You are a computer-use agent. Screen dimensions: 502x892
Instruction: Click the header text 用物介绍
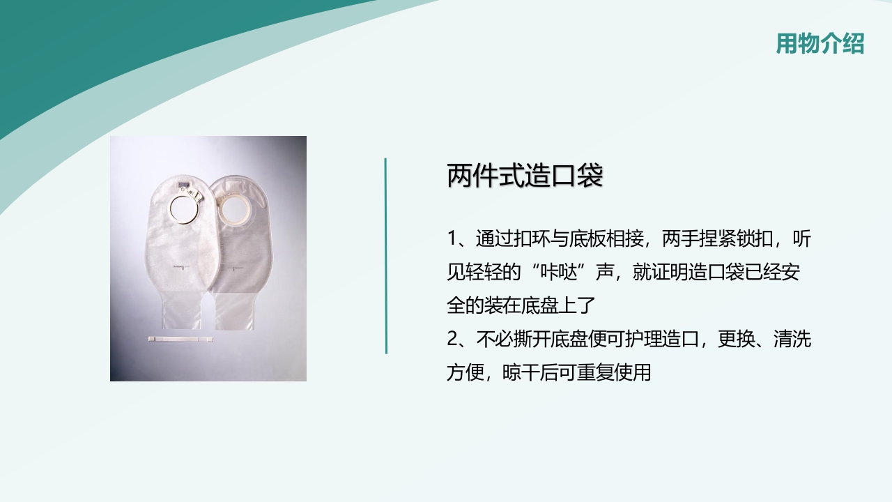pyautogui.click(x=820, y=43)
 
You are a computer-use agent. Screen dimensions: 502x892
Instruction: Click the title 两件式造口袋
pyautogui.click(x=524, y=176)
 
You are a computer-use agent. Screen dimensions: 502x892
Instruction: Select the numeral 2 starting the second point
pyautogui.click(x=453, y=340)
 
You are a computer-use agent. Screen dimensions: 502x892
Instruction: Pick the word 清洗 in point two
pyautogui.click(x=793, y=340)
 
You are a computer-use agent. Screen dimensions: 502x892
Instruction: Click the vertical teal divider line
pyautogui.click(x=386, y=255)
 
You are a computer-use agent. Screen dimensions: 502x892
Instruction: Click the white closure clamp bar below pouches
pyautogui.click(x=180, y=340)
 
